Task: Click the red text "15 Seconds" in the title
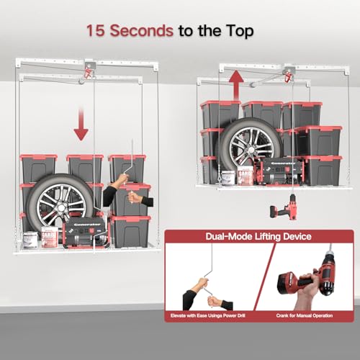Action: pyautogui.click(x=129, y=31)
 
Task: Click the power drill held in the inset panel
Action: pyautogui.click(x=302, y=277)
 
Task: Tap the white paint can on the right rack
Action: pyautogui.click(x=227, y=176)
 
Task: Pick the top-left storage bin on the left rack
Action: pyautogui.click(x=38, y=167)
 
